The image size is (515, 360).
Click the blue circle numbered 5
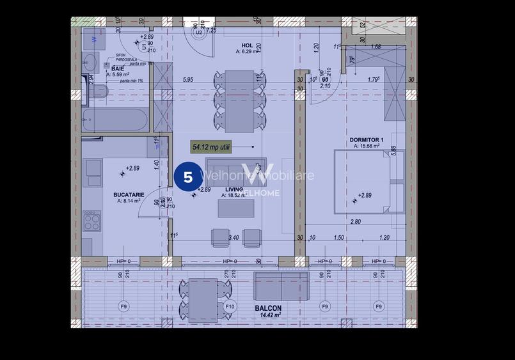tap(188, 177)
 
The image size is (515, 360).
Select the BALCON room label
tap(268, 308)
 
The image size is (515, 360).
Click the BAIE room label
tap(117, 68)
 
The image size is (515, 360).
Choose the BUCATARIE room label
tap(131, 194)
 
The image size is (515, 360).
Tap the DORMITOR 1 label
tap(366, 140)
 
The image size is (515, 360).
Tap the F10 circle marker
tap(230, 307)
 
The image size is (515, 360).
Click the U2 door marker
tap(199, 31)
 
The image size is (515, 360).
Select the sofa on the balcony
tap(281, 285)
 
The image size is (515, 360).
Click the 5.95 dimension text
tap(187, 80)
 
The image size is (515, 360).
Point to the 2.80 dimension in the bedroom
tap(355, 222)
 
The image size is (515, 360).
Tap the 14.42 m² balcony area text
tap(268, 315)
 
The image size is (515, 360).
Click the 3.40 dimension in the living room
tap(234, 237)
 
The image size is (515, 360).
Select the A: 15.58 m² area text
tap(367, 146)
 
